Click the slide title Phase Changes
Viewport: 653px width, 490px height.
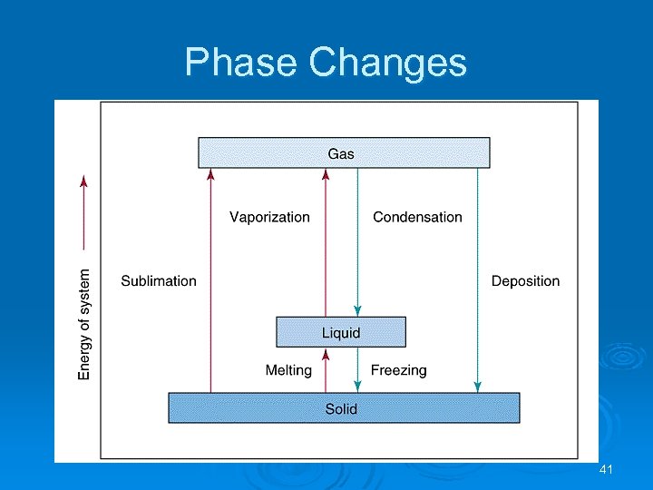pos(326,63)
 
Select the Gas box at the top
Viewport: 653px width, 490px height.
pos(344,152)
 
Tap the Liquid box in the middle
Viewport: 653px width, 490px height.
pos(341,332)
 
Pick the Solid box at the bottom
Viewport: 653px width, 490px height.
pos(344,408)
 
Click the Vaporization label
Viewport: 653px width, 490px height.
pos(269,217)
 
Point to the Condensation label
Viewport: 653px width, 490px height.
pos(417,217)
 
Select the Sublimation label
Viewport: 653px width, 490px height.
pos(159,280)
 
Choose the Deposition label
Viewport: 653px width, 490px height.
pos(525,280)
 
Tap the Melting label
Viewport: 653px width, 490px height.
pos(288,369)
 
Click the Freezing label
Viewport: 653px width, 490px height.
pos(398,369)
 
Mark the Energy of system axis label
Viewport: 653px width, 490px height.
pos(84,323)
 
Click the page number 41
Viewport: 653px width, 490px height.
pos(607,469)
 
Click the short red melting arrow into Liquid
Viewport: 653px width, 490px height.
pos(326,369)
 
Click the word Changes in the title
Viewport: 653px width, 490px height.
pos(388,63)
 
